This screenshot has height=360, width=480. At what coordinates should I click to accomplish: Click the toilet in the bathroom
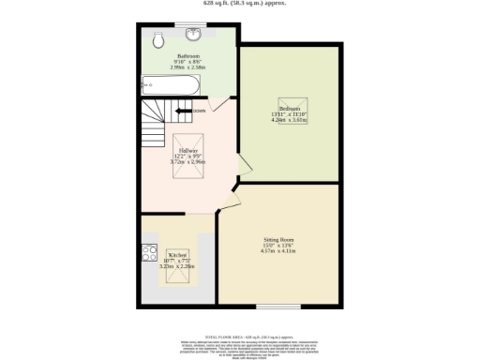coord(158,39)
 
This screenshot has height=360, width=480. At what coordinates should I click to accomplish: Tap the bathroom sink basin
coord(195,36)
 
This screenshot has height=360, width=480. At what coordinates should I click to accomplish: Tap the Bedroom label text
coord(289,108)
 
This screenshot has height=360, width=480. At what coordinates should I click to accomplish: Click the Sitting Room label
coord(277,239)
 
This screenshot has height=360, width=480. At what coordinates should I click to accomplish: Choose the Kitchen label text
coord(178,255)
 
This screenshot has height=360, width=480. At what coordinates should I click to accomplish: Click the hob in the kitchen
coord(147,251)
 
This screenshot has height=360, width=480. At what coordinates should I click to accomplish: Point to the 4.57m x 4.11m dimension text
coord(277,251)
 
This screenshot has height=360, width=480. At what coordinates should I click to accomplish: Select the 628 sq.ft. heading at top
coord(240,4)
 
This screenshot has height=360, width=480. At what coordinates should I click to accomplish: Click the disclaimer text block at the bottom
coord(240,347)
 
